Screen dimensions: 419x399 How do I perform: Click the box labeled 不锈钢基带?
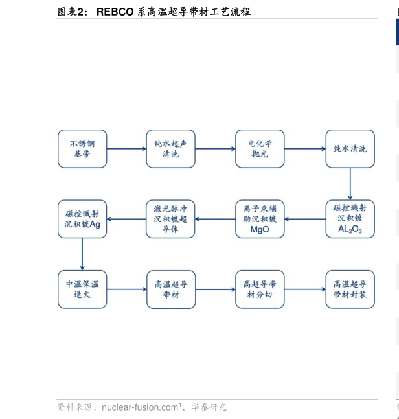pos(82,149)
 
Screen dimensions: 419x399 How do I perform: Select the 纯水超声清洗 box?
pos(170,149)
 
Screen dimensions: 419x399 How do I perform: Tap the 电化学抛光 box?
pos(259,149)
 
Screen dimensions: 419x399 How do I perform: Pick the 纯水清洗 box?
pos(350,149)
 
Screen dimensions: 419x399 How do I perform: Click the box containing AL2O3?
pos(350,219)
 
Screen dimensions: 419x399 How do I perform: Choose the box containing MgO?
pos(259,219)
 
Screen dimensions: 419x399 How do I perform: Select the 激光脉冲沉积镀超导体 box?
pos(170,219)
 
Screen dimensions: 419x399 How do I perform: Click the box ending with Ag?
pos(82,219)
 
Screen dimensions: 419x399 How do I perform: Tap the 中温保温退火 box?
pos(82,289)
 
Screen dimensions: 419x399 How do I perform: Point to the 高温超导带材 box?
pos(170,289)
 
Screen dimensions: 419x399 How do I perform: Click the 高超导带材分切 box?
pos(259,289)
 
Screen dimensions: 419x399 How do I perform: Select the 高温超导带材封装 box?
pos(350,289)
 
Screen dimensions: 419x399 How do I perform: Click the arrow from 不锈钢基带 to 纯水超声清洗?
pos(126,149)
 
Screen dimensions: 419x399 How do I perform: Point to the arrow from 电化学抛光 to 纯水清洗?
pos(304,149)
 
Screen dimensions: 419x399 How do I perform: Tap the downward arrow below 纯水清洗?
pos(350,184)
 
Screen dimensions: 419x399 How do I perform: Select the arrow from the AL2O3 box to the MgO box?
pos(304,219)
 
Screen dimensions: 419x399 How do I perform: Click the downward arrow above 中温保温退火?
pos(82,254)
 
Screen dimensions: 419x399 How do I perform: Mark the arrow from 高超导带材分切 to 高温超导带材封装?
pos(304,289)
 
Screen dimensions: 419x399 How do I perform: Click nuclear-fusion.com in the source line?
pos(140,407)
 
